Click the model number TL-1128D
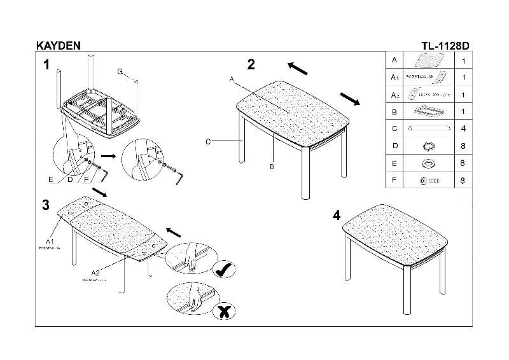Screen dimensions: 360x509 point(445,46)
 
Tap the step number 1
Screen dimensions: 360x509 point(46,64)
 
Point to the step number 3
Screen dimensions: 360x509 point(46,205)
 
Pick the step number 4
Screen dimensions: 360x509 point(337,216)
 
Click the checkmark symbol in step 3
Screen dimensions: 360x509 point(223,270)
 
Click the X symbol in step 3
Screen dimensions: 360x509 point(223,311)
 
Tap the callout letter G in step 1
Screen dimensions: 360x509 point(120,71)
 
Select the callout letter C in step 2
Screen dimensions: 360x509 point(208,142)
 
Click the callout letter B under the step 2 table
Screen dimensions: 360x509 point(272,167)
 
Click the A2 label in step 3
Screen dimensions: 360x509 point(95,273)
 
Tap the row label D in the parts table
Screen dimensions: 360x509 point(395,146)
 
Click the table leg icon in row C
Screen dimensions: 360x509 point(428,128)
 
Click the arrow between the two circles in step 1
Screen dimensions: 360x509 point(108,155)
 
